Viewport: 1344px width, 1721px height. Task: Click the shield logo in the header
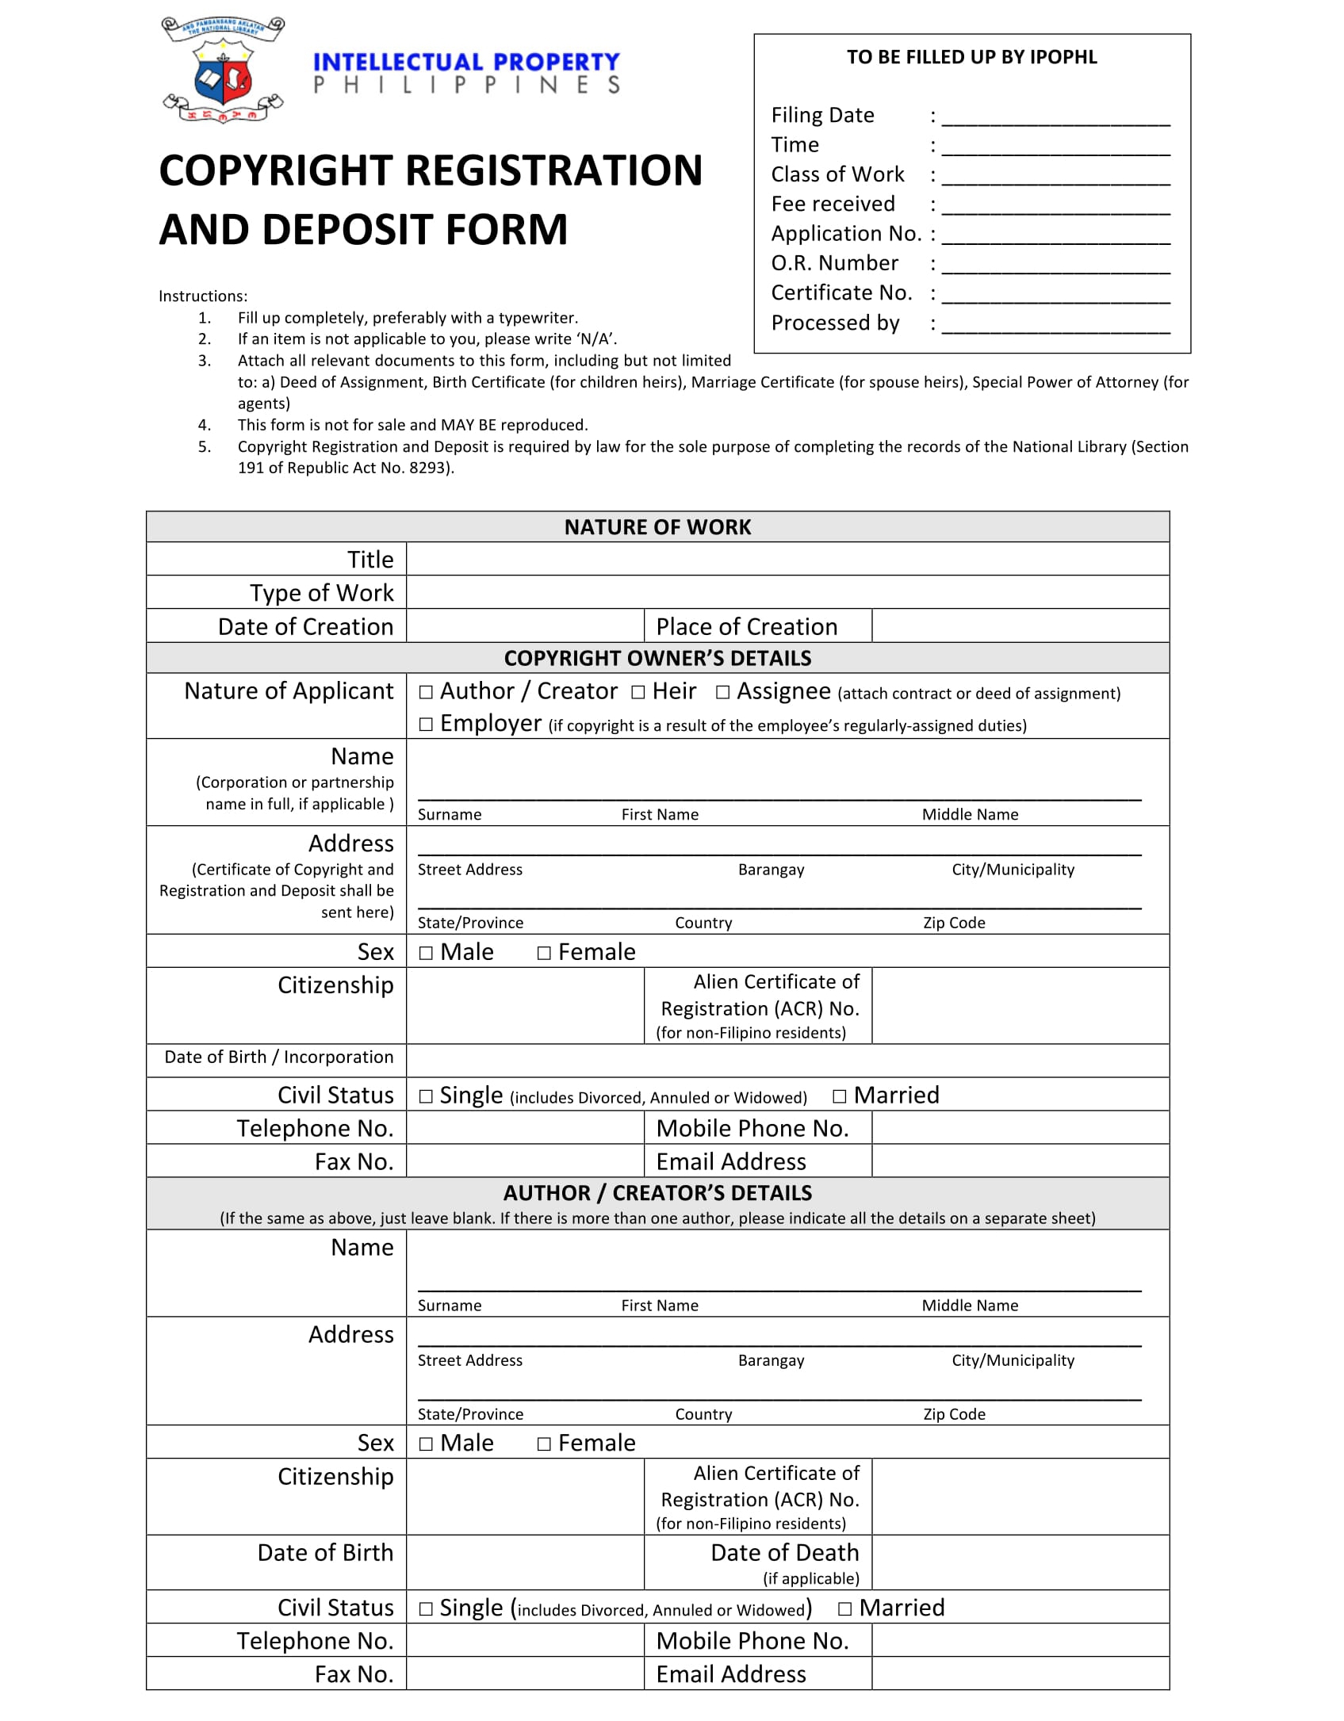point(223,75)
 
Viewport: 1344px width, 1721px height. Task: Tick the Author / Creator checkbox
point(427,692)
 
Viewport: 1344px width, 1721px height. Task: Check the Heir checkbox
point(638,692)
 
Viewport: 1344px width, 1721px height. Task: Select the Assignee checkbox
point(722,692)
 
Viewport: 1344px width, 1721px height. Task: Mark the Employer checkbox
point(427,725)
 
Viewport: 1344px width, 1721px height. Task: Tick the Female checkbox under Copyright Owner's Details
point(544,953)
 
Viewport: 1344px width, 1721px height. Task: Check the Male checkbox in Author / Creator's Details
point(427,1444)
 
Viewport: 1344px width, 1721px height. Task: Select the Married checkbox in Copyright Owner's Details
point(840,1096)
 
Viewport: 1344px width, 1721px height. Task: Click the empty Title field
point(787,560)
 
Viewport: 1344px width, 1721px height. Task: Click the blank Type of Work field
point(787,593)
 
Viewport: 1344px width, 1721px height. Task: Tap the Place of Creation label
point(746,627)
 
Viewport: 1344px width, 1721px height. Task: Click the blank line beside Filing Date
point(1055,117)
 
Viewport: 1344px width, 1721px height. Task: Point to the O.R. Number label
point(834,263)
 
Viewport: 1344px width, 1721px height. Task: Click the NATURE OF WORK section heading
point(657,527)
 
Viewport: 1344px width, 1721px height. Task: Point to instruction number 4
point(205,425)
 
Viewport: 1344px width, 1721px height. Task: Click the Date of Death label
point(784,1552)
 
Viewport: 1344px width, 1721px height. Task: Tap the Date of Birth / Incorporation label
point(278,1057)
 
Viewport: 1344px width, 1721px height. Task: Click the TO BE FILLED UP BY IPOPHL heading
point(971,57)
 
